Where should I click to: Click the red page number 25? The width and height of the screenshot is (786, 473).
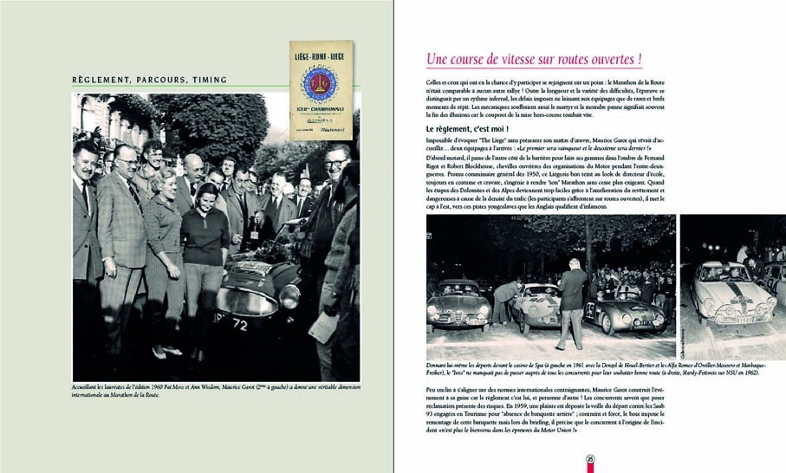pyautogui.click(x=589, y=459)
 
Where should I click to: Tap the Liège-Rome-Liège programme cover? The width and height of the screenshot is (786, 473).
pyautogui.click(x=321, y=89)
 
